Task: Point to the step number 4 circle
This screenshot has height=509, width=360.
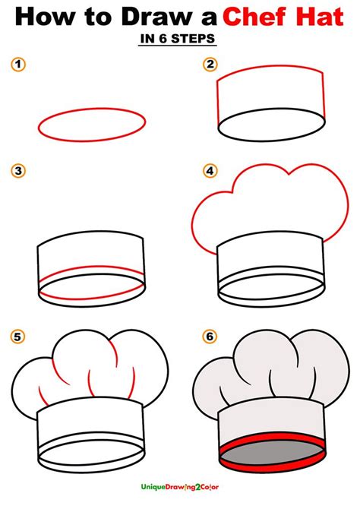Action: [210, 172]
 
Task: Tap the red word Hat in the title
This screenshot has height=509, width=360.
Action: [326, 18]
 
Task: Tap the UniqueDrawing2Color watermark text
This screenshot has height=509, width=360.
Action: [180, 495]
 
